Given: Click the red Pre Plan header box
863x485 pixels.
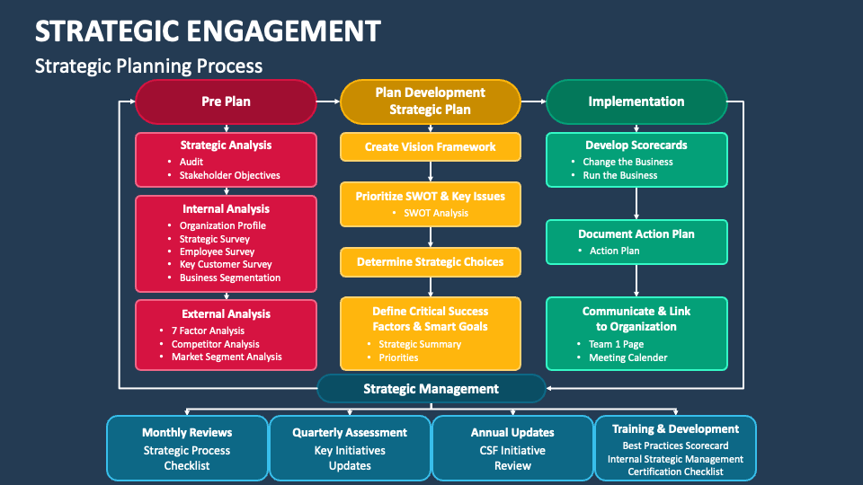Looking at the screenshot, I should pyautogui.click(x=226, y=101).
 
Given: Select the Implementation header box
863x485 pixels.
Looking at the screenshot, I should pyautogui.click(x=636, y=101).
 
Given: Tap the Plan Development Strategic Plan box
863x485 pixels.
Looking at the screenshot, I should pyautogui.click(x=431, y=101).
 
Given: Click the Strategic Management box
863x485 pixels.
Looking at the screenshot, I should pyautogui.click(x=431, y=389).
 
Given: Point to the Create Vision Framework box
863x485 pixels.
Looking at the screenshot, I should pyautogui.click(x=431, y=147).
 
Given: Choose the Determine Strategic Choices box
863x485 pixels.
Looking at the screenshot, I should pyautogui.click(x=431, y=262).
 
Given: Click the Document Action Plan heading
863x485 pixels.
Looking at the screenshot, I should pyautogui.click(x=636, y=234).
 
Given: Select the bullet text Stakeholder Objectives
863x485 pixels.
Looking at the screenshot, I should pyautogui.click(x=229, y=175).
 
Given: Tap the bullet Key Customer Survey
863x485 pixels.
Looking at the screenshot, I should pyautogui.click(x=226, y=265).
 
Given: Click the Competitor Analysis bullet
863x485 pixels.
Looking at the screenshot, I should pyautogui.click(x=216, y=344).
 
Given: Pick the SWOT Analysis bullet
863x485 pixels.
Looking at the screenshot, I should pyautogui.click(x=436, y=213).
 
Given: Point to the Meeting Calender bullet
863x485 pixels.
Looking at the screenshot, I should pyautogui.click(x=627, y=357).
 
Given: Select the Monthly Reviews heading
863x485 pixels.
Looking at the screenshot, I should pyautogui.click(x=187, y=432).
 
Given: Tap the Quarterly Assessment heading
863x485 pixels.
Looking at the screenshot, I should pyautogui.click(x=350, y=432).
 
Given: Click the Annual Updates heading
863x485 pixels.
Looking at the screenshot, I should pyautogui.click(x=512, y=432).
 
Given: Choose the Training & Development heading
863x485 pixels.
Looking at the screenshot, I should pyautogui.click(x=675, y=429).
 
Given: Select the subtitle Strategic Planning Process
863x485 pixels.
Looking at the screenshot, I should pyautogui.click(x=148, y=66).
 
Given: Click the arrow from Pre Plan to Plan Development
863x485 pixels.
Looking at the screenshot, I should pyautogui.click(x=328, y=101).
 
